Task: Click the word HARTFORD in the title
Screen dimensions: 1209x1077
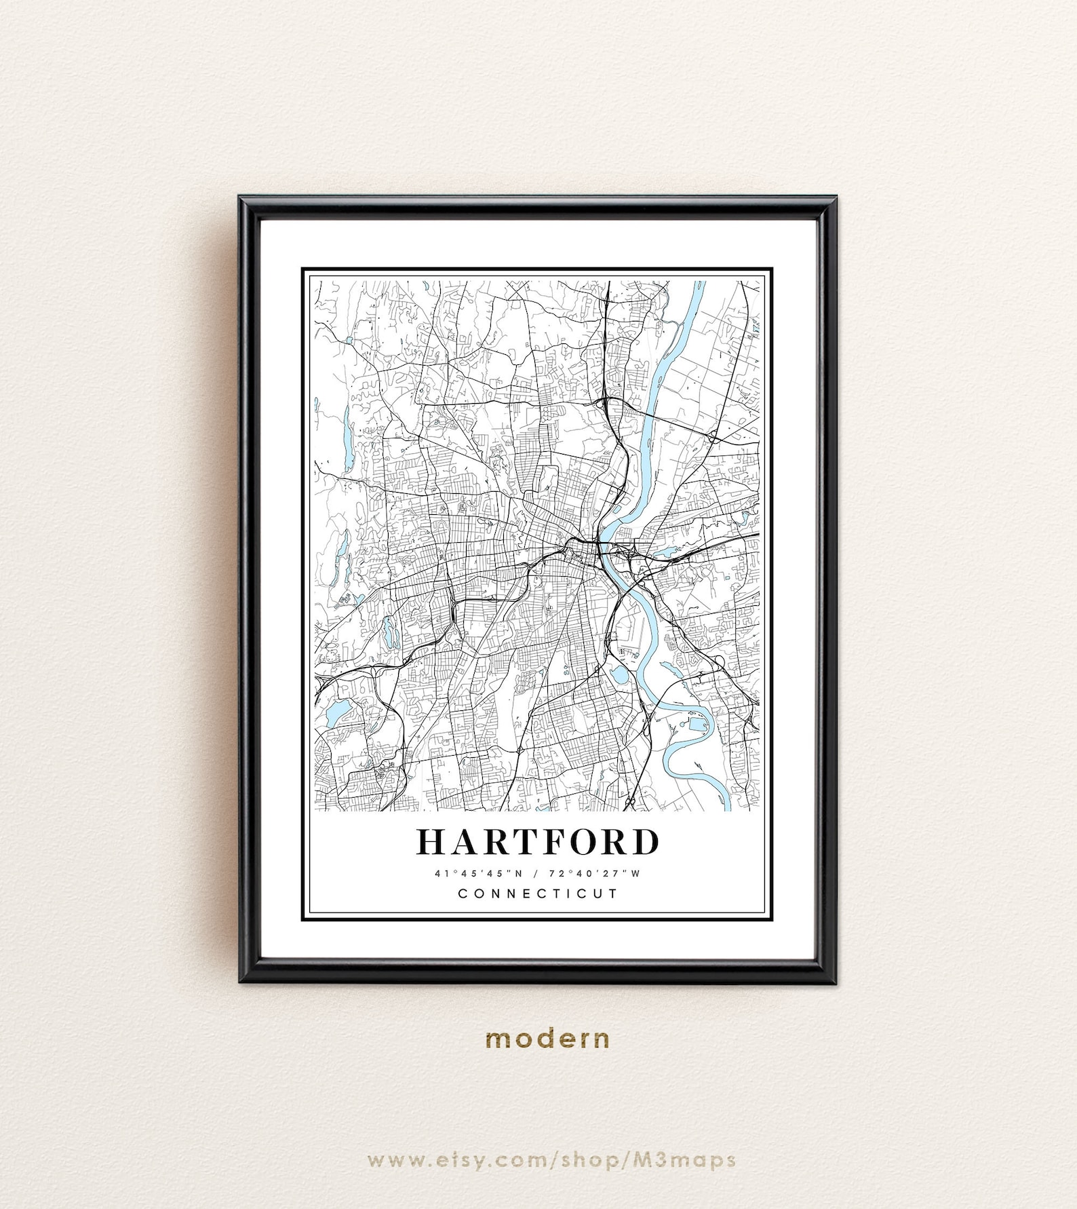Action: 537,842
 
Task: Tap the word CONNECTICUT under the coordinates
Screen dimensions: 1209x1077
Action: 538,894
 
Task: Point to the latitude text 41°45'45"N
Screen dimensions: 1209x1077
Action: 479,873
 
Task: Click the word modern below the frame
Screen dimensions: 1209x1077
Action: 547,1038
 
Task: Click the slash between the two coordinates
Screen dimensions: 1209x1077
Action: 538,873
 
